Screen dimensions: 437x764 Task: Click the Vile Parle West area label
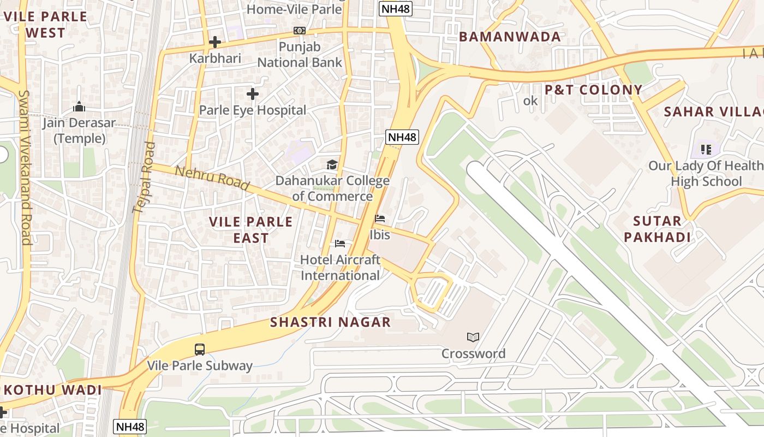coord(45,25)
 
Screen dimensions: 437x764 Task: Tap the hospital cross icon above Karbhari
coord(215,42)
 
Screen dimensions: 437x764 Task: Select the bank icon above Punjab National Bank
coord(300,31)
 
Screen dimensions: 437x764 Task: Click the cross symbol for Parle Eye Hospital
coord(252,94)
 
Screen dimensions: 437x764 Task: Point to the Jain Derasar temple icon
coord(79,106)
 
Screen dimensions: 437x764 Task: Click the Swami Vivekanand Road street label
coord(25,167)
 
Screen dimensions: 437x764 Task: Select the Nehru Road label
coord(212,179)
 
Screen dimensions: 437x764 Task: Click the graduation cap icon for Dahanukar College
coord(332,164)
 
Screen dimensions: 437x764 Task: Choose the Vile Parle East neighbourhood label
coord(252,229)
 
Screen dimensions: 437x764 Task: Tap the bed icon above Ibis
coord(380,218)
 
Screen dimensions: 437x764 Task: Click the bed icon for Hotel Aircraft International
coord(340,244)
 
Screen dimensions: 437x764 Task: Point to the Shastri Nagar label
coord(331,322)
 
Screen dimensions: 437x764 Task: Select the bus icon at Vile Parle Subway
coord(200,350)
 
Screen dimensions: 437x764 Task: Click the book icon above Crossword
coord(473,338)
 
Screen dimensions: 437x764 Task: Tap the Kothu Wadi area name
coord(53,390)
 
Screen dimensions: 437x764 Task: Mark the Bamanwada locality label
coord(510,37)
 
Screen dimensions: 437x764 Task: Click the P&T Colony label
coord(594,90)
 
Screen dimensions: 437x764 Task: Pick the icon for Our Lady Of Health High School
coord(706,149)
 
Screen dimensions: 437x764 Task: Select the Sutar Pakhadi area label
coord(657,229)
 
